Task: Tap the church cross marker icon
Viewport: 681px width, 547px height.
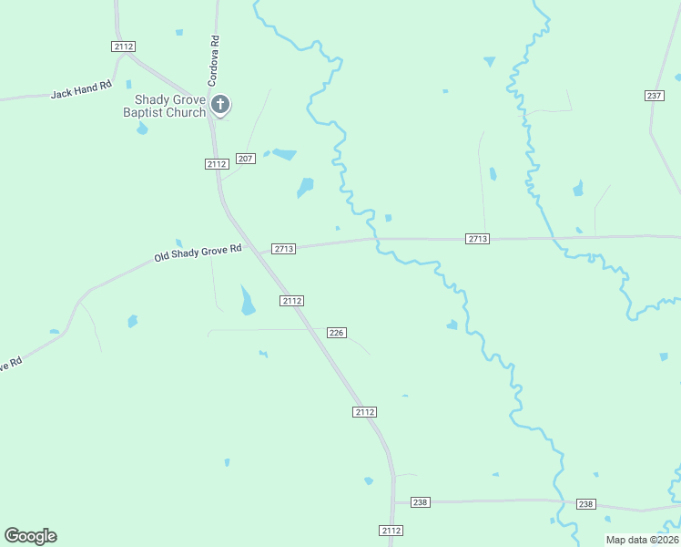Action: (219, 105)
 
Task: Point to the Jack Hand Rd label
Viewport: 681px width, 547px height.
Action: (81, 92)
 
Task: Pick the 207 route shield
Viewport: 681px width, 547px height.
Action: (245, 159)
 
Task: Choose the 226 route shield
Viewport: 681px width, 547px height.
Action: (336, 333)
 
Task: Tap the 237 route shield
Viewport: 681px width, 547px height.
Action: (654, 96)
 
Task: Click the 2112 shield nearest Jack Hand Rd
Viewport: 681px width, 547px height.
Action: (124, 46)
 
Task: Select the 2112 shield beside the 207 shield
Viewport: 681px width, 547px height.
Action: (216, 163)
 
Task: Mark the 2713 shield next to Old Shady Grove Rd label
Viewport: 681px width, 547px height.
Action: (283, 249)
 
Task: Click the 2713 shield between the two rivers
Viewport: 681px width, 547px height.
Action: (478, 239)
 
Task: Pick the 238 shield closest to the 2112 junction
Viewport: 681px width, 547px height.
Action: (420, 502)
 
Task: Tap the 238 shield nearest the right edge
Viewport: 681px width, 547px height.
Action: (585, 504)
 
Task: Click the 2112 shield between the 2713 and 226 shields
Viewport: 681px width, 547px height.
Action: (291, 301)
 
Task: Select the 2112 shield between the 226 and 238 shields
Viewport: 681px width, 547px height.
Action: (364, 412)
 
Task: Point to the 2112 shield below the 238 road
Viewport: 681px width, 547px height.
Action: (391, 531)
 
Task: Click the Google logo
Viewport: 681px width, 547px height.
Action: (30, 536)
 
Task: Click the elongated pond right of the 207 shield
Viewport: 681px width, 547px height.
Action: (284, 154)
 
